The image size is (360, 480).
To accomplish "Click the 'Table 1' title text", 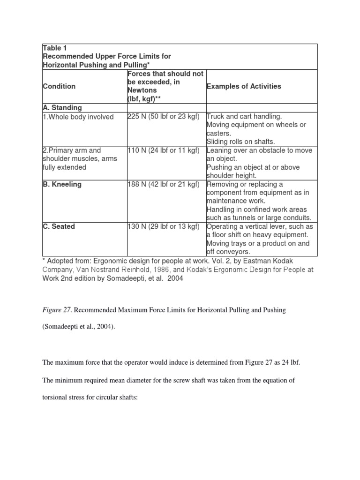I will [55, 48].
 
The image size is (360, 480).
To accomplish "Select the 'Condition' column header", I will [59, 86].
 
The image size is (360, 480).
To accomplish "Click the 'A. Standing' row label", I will [62, 108].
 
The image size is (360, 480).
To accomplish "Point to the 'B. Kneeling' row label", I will [62, 184].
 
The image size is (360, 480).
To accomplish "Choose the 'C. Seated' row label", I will [59, 226].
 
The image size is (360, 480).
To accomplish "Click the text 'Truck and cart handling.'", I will [245, 117].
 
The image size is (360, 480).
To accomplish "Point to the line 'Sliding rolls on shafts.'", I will [241, 142].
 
